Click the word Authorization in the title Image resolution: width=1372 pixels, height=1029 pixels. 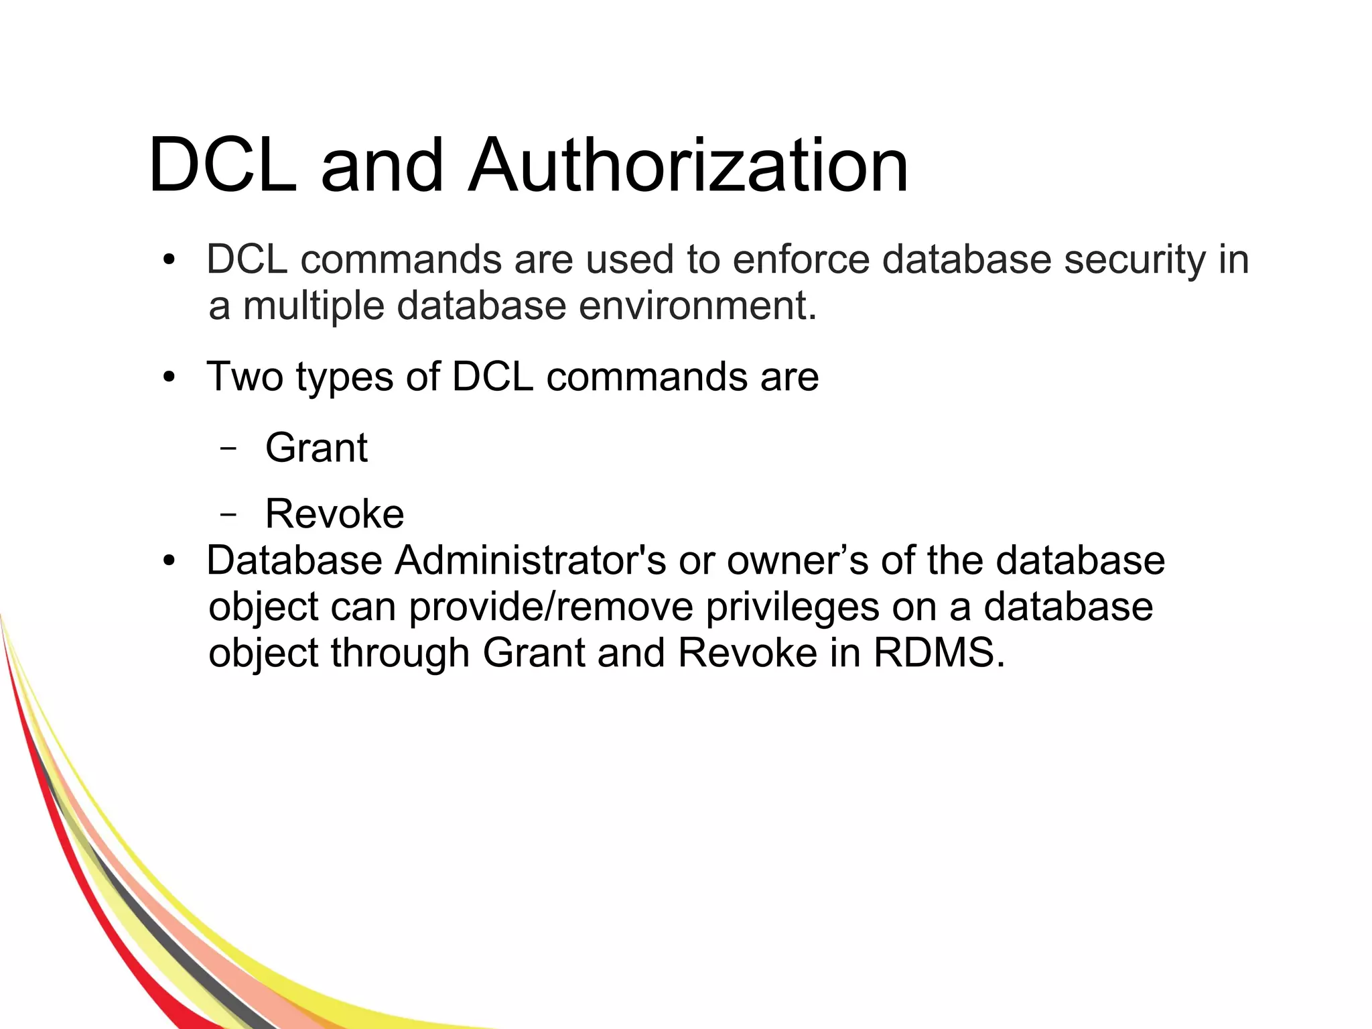pyautogui.click(x=688, y=165)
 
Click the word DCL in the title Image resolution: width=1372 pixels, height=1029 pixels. pyautogui.click(x=222, y=165)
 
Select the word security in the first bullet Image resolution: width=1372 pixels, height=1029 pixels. pyautogui.click(x=1133, y=261)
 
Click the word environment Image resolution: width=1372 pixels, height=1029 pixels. pyautogui.click(x=697, y=306)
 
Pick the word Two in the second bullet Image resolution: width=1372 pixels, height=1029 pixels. pyautogui.click(x=245, y=376)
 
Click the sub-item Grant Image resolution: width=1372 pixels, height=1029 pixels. pyautogui.click(x=316, y=447)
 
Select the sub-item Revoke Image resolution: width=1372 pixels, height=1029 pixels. pyautogui.click(x=334, y=513)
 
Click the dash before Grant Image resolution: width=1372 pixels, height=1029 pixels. pyautogui.click(x=228, y=448)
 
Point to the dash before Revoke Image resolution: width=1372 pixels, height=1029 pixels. pyautogui.click(x=228, y=515)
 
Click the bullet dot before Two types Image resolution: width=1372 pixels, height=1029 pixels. pyautogui.click(x=169, y=377)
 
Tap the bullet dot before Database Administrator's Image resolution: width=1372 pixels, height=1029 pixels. pyautogui.click(x=169, y=561)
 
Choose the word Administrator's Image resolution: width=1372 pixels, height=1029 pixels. pyautogui.click(x=530, y=560)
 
